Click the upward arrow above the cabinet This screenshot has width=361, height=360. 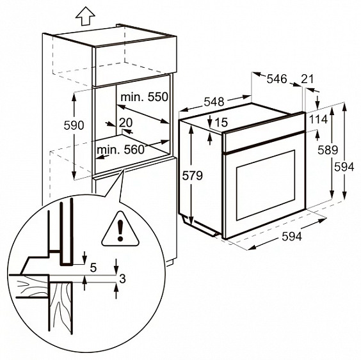[85, 16]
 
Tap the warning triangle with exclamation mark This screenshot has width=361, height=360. [120, 228]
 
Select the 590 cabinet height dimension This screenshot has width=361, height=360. [74, 125]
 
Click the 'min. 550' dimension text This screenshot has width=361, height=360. [145, 97]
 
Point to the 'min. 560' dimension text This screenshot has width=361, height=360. [120, 150]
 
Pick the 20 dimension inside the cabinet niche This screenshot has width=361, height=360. [125, 123]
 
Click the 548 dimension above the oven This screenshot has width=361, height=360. [214, 102]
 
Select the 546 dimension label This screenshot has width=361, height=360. [277, 79]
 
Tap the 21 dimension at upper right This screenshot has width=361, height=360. [307, 79]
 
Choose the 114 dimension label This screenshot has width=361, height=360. [318, 119]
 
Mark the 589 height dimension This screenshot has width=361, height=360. [328, 150]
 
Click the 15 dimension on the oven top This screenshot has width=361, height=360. [221, 122]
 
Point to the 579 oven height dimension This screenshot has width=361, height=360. [192, 176]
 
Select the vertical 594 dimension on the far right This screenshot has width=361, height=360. [344, 167]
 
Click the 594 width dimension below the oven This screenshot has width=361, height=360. [292, 237]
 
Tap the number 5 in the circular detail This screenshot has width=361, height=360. [93, 267]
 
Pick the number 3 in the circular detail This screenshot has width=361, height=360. [122, 279]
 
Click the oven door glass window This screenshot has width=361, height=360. [266, 185]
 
